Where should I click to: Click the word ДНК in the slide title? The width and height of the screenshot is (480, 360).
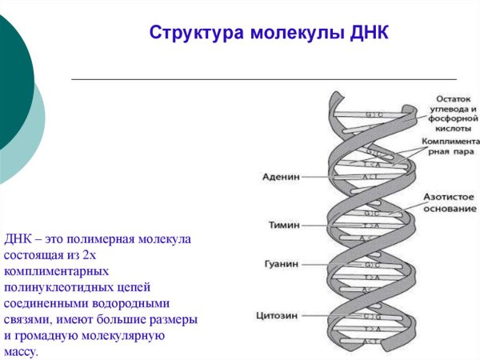(369, 34)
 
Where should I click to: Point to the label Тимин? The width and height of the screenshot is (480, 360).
(283, 226)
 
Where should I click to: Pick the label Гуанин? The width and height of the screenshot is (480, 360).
(281, 264)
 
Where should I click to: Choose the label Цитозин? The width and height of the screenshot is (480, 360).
(278, 315)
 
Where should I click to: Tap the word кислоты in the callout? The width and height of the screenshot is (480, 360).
(451, 126)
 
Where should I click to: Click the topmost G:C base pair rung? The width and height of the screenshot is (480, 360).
(374, 115)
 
